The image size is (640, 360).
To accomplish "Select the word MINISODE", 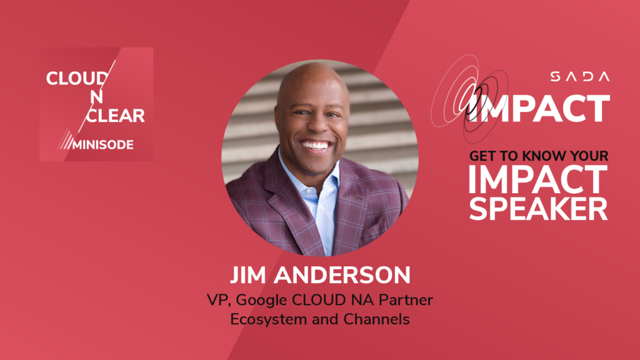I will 104,144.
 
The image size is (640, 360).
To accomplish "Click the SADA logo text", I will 579,76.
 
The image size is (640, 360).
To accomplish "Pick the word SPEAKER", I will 538,208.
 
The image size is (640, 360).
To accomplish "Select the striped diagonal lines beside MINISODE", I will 64,141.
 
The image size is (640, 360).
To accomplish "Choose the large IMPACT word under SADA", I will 541,108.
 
